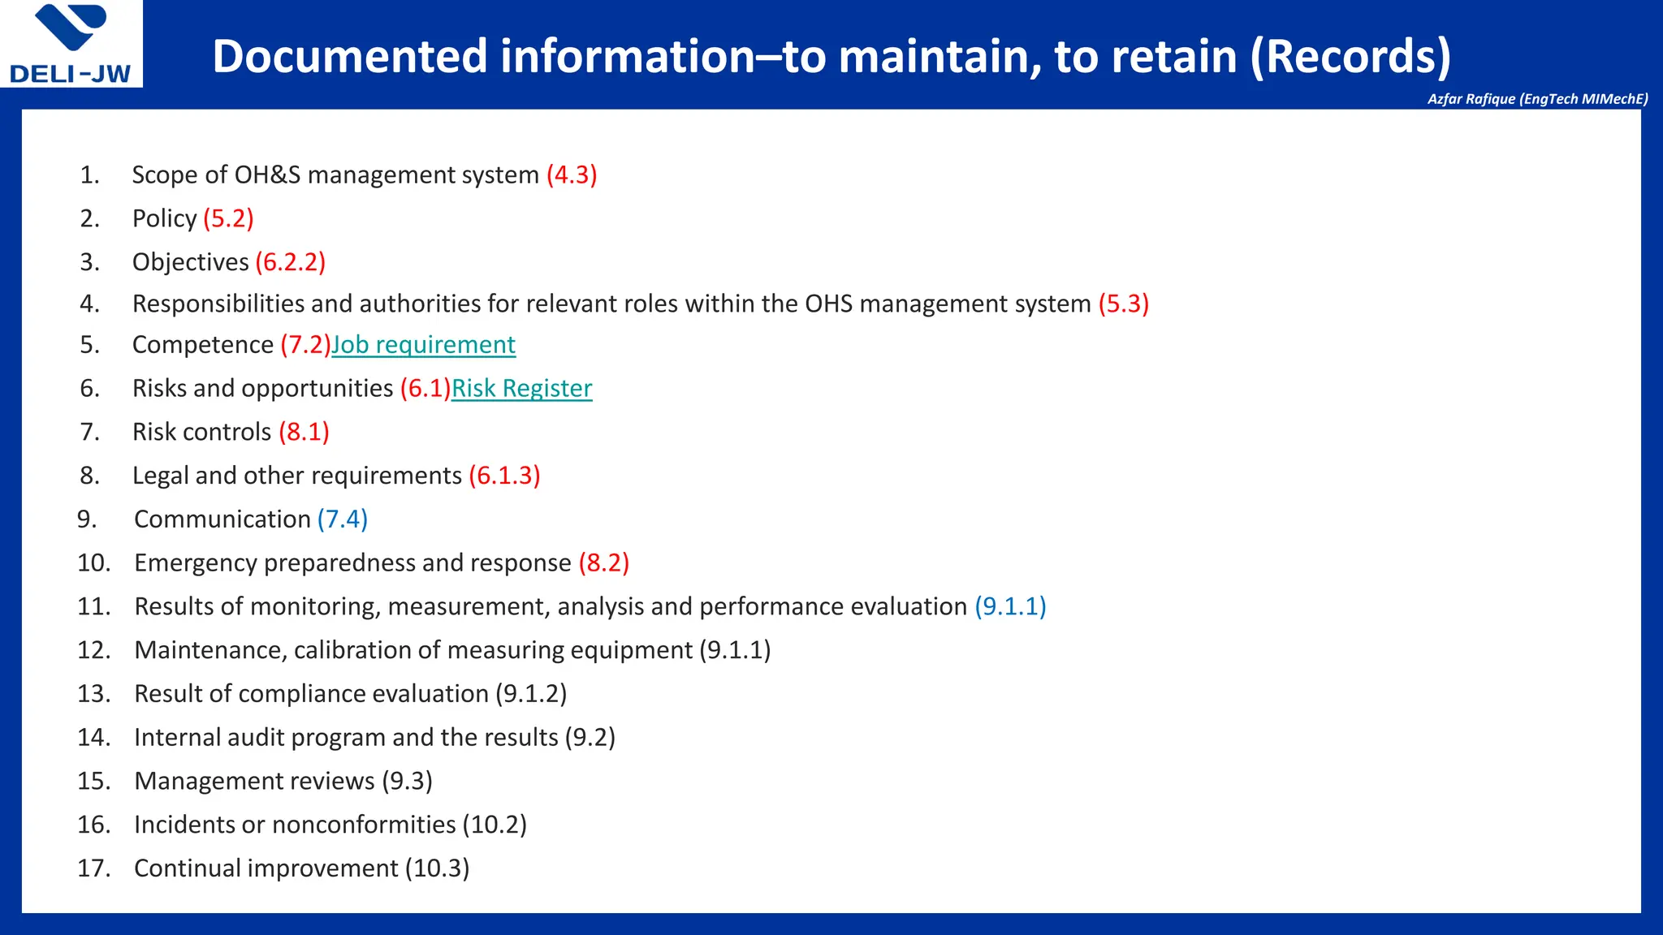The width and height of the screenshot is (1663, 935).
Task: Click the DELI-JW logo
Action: [x=71, y=44]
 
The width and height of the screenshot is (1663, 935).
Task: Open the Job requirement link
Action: [x=423, y=345]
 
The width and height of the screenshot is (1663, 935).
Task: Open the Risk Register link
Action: [x=521, y=389]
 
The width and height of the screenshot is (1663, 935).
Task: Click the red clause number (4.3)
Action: [x=572, y=175]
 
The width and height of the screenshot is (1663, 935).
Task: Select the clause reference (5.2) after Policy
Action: [x=228, y=219]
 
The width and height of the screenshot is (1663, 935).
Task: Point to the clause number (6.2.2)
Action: [x=290, y=262]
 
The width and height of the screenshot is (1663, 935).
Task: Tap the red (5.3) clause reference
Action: [x=1123, y=304]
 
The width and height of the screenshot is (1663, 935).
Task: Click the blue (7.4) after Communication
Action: [x=342, y=519]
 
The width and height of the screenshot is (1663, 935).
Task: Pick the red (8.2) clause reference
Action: [x=603, y=563]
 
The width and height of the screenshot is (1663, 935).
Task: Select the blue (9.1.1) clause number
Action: [x=1010, y=607]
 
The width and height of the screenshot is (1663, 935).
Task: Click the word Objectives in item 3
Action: [x=190, y=262]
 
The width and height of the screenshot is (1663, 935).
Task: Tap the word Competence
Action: [x=202, y=345]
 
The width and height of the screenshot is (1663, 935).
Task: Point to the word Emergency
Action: [x=195, y=563]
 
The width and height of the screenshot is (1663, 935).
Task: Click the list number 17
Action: [x=93, y=868]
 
